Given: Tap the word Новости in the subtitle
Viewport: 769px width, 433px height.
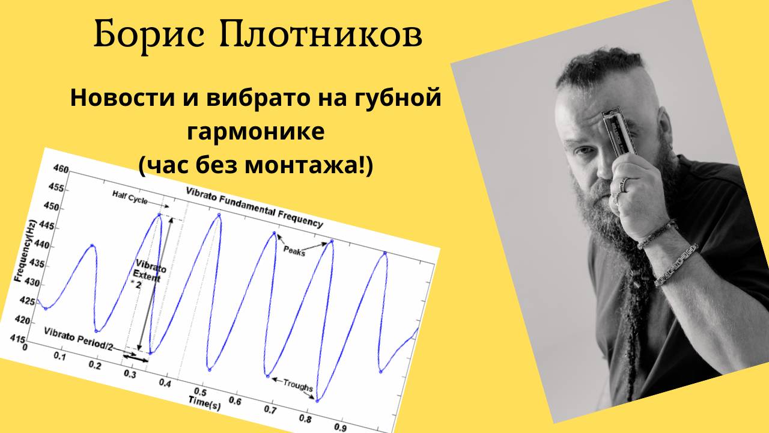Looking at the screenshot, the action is coord(123,98).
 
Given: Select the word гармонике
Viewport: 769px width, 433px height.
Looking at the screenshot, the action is coord(256,132).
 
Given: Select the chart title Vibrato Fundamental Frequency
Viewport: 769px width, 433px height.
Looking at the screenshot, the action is coord(254,207).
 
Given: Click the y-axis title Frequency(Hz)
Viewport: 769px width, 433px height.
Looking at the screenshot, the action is coord(25,251).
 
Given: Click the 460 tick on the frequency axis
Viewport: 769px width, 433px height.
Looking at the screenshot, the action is coord(61,169).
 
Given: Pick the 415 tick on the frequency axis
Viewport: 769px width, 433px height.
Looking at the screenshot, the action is coord(18,339).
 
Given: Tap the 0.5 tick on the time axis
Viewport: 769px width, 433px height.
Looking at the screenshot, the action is coord(200,392).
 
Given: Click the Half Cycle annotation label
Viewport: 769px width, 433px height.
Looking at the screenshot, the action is coord(130,198).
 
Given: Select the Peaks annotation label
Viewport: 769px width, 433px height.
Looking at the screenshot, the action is coord(294,251).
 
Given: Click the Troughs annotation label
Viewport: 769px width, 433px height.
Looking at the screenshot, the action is coord(298,385).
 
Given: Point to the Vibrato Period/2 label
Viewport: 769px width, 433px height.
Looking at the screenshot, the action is coord(78,339).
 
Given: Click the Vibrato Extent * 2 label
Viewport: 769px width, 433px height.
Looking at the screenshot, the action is coord(149,274).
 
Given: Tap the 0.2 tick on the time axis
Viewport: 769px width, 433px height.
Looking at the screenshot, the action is coord(95,365).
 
